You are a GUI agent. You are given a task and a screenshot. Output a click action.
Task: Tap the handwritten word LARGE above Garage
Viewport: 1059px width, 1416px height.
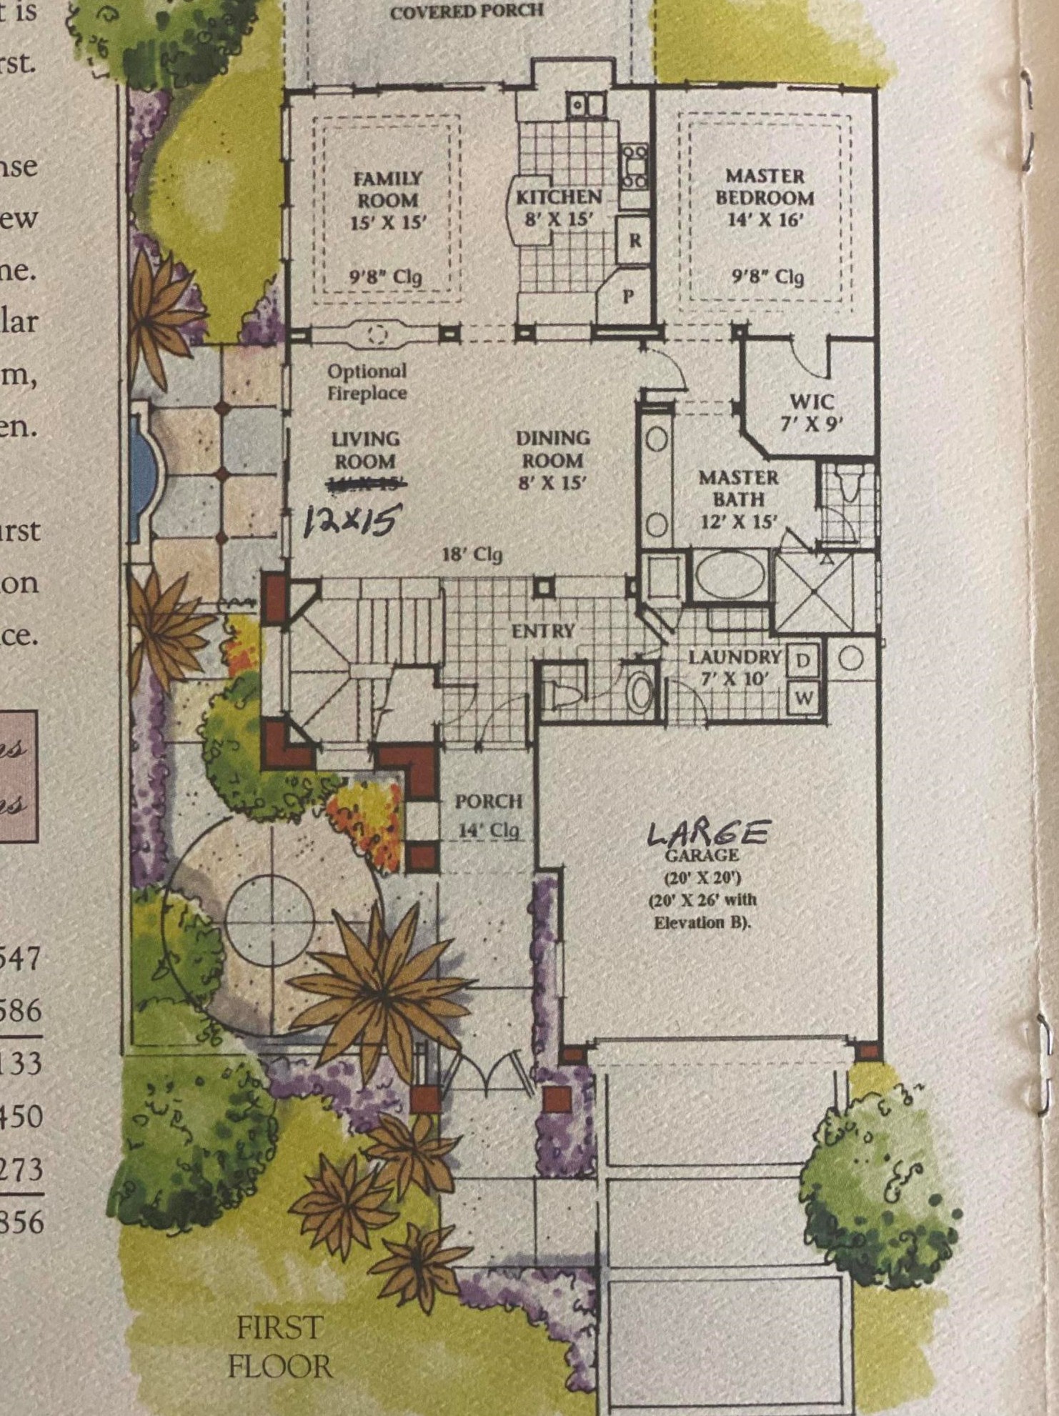click(x=707, y=833)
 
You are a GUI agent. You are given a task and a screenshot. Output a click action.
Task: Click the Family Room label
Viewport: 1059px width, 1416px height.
click(x=388, y=199)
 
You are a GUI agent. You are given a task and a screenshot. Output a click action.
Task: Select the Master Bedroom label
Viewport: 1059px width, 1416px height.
click(x=765, y=197)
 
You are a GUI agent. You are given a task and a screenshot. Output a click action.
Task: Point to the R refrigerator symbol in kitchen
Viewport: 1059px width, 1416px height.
click(x=634, y=241)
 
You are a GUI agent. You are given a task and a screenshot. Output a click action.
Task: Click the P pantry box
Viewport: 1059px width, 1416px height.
click(x=628, y=295)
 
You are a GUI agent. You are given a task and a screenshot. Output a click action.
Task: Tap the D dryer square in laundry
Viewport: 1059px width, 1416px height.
click(x=802, y=661)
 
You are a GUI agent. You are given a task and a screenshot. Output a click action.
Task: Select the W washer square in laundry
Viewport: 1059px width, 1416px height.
click(x=803, y=697)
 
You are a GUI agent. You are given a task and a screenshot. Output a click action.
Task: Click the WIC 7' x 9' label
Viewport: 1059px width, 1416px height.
click(x=812, y=412)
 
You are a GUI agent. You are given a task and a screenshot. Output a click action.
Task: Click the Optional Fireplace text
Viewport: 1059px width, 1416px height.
click(x=367, y=382)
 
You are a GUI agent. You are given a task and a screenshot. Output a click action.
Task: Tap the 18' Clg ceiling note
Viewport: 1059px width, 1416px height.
click(x=472, y=554)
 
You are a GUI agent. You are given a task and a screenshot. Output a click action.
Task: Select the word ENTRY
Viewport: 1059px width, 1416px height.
click(x=543, y=631)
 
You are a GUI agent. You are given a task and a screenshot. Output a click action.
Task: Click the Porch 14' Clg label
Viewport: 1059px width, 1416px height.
click(x=489, y=815)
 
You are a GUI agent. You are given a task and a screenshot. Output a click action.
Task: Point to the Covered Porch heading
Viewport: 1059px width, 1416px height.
click(x=467, y=12)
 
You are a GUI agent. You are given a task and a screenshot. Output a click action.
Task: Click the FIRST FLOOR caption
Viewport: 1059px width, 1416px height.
click(x=279, y=1347)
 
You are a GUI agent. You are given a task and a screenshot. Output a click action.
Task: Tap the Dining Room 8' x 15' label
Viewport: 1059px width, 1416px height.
click(x=552, y=459)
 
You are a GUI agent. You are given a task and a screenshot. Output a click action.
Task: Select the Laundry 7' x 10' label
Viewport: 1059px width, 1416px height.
click(x=734, y=667)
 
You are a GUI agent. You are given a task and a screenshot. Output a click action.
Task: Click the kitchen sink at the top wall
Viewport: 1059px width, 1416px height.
click(x=587, y=106)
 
